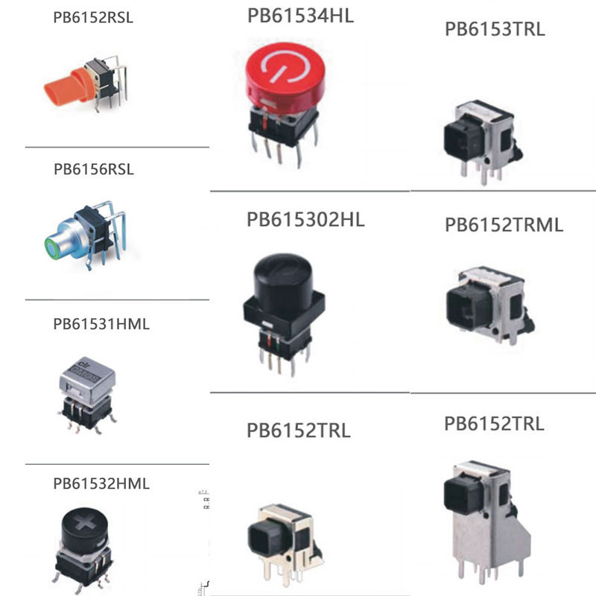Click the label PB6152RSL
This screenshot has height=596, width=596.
click(93, 18)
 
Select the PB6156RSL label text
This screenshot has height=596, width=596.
click(93, 169)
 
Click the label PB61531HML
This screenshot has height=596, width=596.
click(101, 325)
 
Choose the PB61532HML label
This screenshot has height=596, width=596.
click(101, 484)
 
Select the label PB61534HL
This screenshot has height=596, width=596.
click(299, 15)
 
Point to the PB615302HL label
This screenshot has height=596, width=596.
click(305, 220)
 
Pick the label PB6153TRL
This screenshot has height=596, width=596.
click(495, 30)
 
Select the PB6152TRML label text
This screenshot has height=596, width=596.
click(504, 224)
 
